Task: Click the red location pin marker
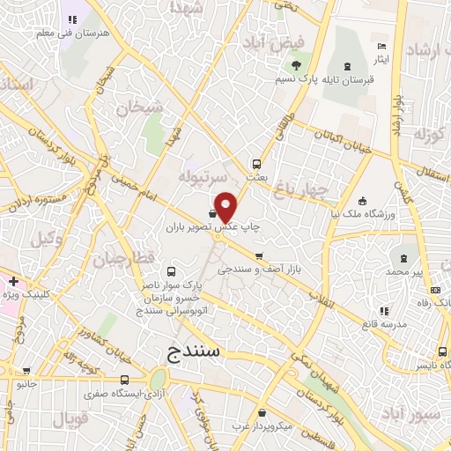click(225, 206)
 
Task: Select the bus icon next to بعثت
click(256, 164)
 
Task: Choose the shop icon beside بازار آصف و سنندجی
click(258, 257)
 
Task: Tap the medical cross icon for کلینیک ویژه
click(13, 281)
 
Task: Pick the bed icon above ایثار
click(381, 46)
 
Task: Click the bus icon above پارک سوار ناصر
click(171, 273)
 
